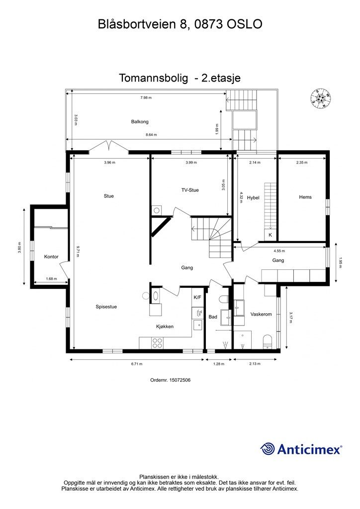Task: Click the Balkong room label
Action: (140, 121)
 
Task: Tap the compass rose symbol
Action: (320, 98)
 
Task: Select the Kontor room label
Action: (51, 256)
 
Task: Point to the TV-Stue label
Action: (190, 190)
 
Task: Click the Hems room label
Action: (305, 197)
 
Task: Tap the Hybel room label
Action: (254, 211)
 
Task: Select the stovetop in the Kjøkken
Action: (158, 342)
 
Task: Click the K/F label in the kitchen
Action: (197, 297)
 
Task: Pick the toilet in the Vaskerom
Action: (268, 341)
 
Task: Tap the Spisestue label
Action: (106, 307)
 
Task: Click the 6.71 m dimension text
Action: (137, 364)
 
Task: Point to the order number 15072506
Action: (171, 380)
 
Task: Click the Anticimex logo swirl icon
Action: (268, 449)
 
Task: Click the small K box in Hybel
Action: (270, 234)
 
